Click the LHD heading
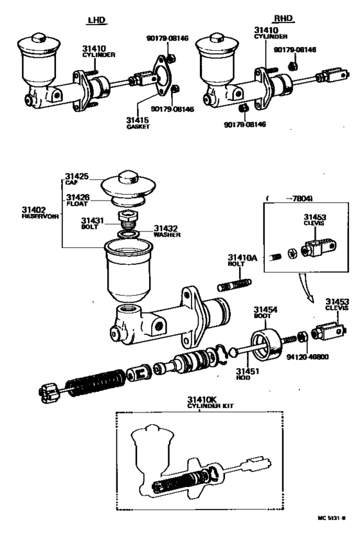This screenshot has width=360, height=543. (96, 20)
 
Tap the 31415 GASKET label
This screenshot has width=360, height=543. (137, 123)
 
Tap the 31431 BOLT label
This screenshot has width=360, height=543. (91, 223)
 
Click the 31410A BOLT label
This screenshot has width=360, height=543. (241, 260)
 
